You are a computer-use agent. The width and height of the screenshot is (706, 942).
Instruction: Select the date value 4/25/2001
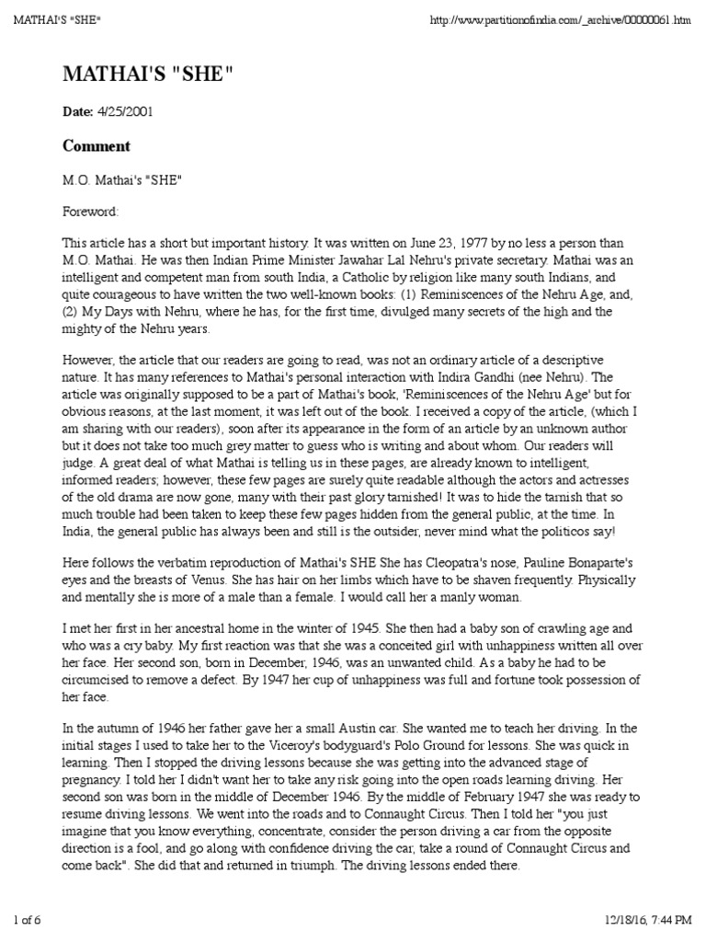pyautogui.click(x=125, y=112)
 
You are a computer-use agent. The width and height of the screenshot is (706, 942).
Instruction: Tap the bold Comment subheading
pyautogui.click(x=97, y=146)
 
